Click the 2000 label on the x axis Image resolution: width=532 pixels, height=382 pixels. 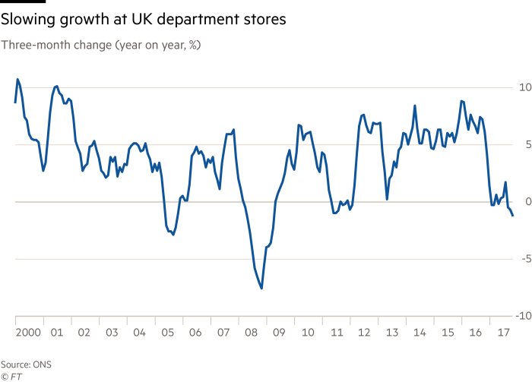28,332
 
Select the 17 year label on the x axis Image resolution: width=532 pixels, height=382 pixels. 501,332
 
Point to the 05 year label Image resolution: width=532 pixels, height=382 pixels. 168,332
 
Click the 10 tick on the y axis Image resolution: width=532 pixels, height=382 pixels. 524,87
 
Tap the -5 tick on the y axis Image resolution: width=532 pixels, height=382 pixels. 523,259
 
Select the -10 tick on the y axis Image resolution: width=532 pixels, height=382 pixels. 521,316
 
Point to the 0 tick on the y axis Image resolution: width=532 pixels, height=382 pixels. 525,202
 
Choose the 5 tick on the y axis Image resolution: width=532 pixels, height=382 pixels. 525,145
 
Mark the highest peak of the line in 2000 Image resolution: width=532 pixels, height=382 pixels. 17,78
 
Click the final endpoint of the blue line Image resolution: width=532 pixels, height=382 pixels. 513,216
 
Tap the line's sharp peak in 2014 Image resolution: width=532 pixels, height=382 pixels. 415,106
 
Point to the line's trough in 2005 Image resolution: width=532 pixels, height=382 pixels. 173,235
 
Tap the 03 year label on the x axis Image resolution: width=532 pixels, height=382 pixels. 112,332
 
